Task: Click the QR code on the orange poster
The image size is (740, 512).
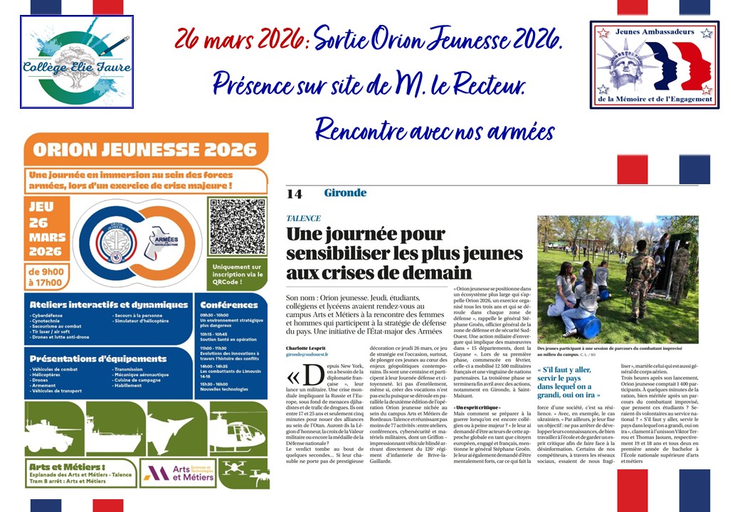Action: pos(237,227)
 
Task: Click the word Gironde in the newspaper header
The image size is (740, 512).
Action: pos(345,193)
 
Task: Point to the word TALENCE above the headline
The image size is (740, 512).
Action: pos(304,218)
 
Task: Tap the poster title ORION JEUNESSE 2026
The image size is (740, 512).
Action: pos(146,149)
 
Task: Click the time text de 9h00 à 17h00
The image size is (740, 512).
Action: pos(46,277)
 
